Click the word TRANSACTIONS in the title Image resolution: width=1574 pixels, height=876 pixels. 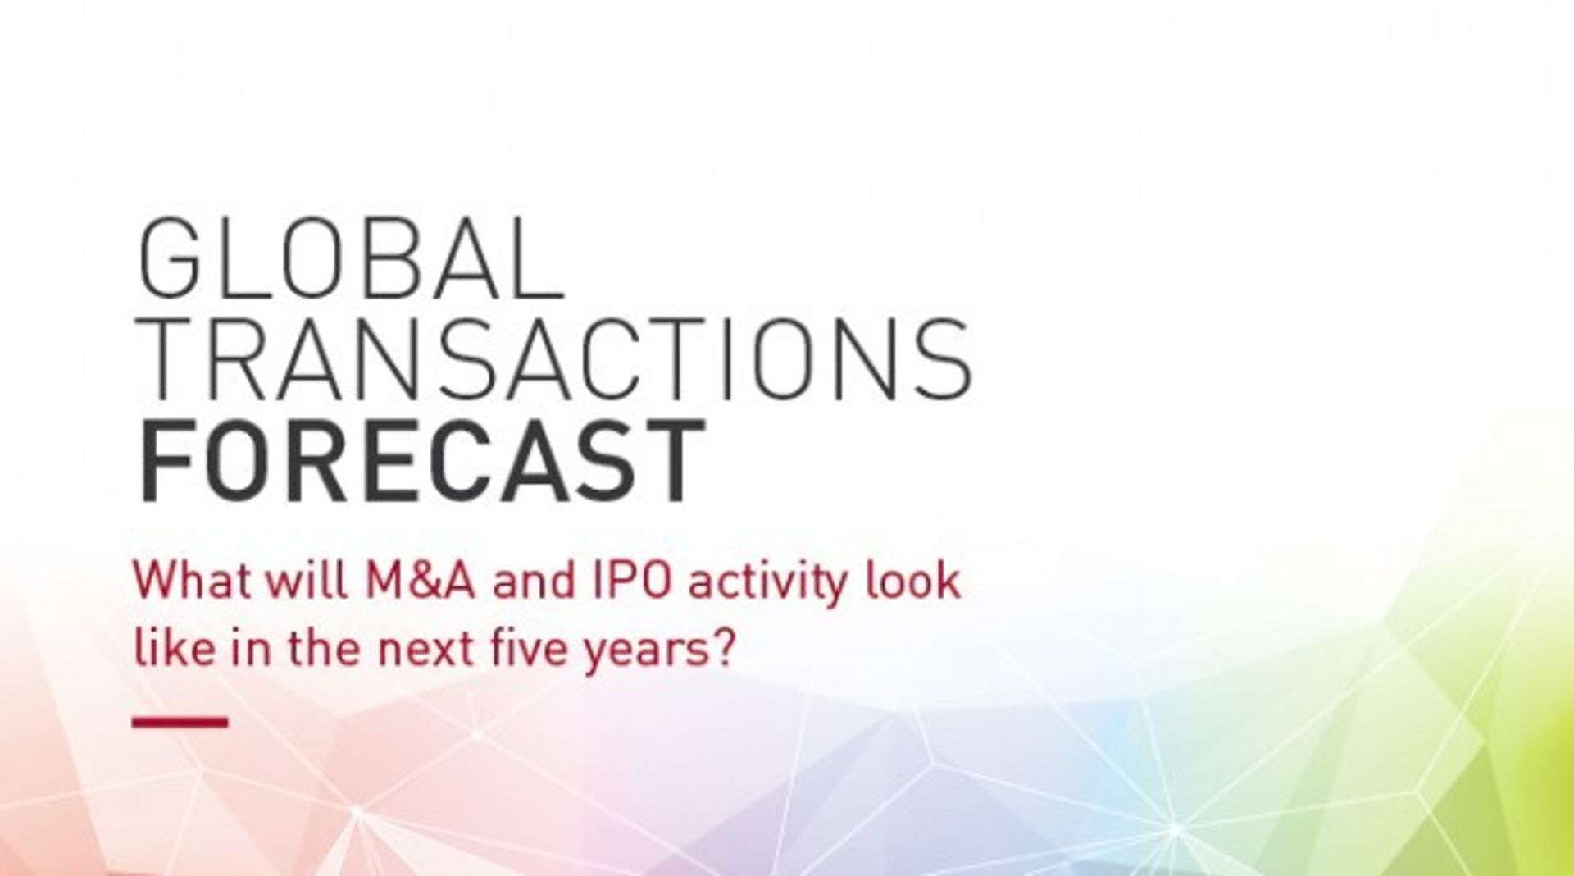click(555, 358)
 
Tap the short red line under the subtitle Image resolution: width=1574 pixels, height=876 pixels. click(180, 722)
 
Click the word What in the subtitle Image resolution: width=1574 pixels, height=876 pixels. click(190, 582)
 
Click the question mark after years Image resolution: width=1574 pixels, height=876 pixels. click(721, 648)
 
